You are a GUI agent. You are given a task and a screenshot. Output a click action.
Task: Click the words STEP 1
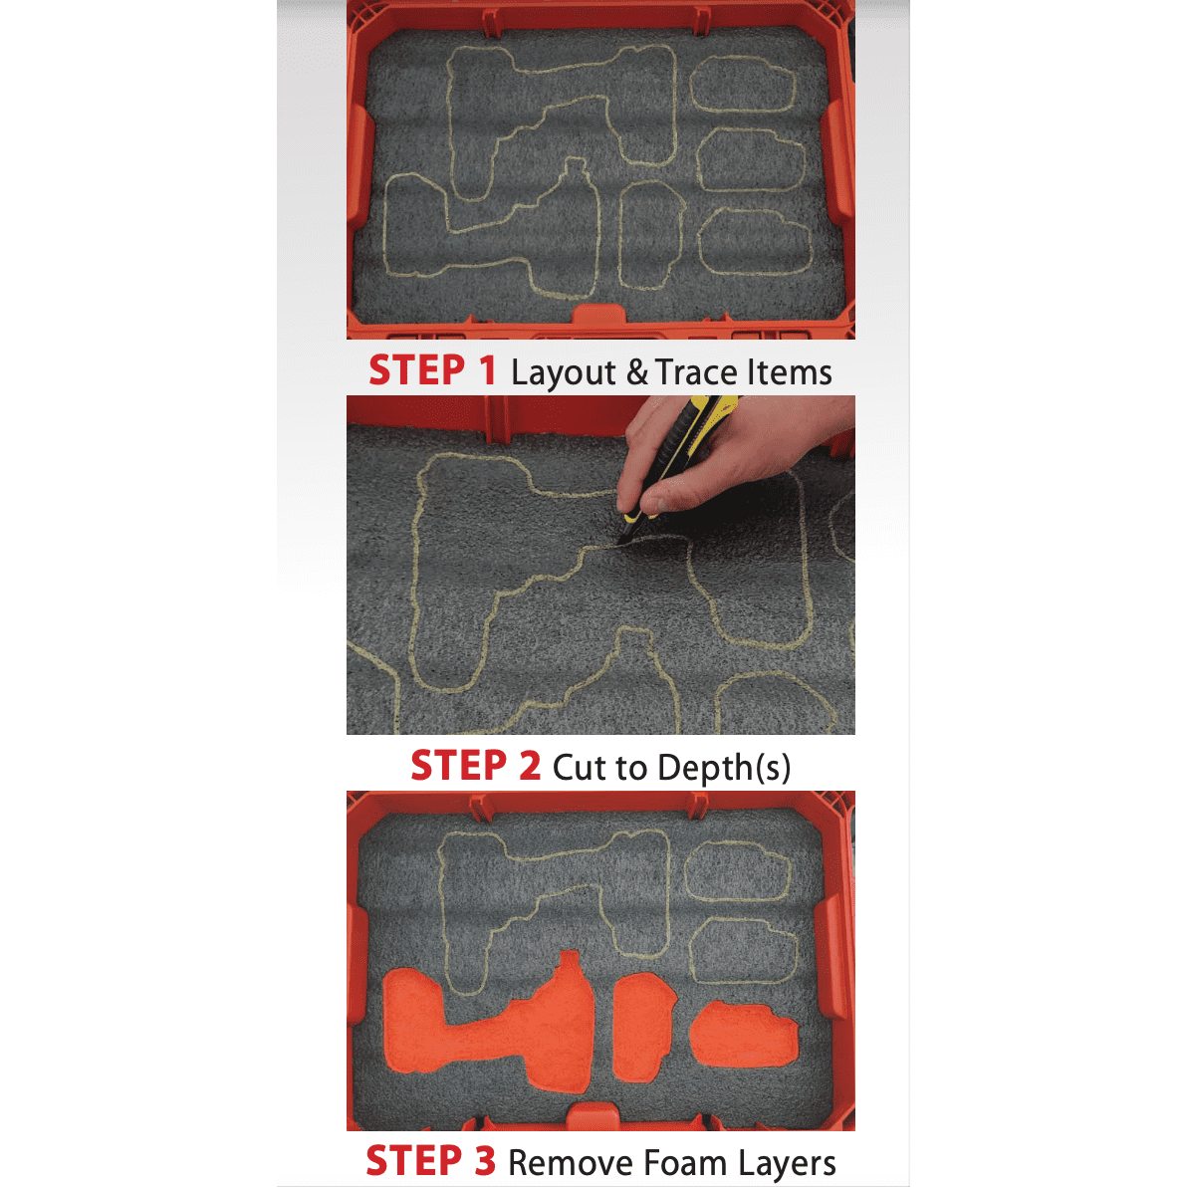(x=432, y=370)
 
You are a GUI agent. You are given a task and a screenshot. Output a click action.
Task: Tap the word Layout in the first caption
(x=564, y=373)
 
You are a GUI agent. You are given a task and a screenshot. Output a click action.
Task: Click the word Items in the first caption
(x=794, y=372)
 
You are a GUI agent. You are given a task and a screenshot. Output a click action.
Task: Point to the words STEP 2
(x=475, y=766)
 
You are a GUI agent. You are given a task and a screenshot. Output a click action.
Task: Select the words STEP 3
(x=430, y=1161)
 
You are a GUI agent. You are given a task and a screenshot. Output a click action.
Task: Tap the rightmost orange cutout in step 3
(x=743, y=1035)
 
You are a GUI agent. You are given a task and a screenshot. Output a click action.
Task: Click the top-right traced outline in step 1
(x=744, y=84)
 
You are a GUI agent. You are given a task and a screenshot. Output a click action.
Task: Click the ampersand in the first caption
(x=636, y=372)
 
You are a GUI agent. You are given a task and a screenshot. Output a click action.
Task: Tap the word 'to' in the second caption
(x=630, y=768)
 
